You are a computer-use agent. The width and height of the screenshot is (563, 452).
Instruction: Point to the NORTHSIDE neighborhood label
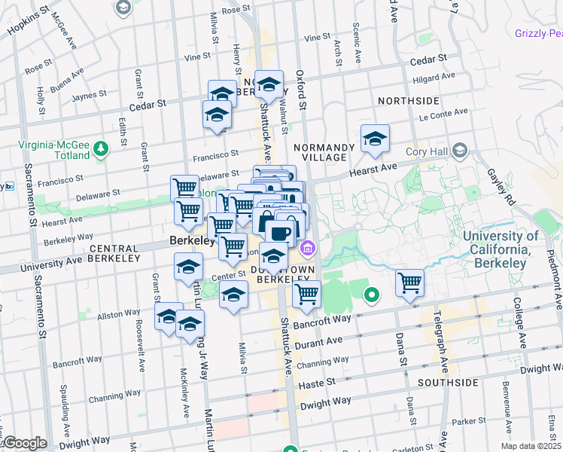coord(408,100)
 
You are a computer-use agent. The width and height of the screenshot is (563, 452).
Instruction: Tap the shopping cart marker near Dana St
coord(409,283)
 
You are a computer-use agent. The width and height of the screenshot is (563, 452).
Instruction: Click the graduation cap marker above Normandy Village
coord(375,138)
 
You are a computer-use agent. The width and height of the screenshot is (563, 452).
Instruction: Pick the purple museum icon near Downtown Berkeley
coord(307,248)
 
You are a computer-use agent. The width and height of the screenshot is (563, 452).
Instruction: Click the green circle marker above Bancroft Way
coord(370,295)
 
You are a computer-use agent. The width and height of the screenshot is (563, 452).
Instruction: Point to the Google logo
coord(24,443)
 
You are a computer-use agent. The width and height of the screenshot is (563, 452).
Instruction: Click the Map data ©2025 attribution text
coord(531,446)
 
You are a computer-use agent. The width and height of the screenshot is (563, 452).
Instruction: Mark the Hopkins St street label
coord(28,21)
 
